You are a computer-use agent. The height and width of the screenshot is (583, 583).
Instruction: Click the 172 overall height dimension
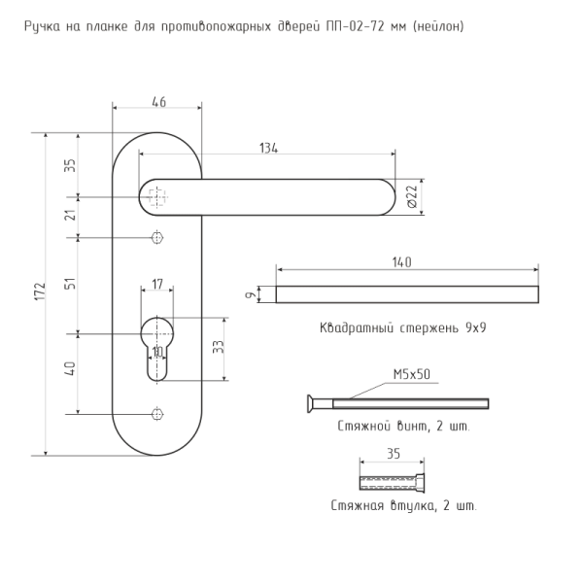coord(41,291)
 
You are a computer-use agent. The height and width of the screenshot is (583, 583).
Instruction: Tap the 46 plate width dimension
coord(158,102)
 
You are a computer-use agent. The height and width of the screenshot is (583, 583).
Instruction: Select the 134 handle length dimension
coord(268,148)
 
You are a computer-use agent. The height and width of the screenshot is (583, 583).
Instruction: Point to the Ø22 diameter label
coord(413,196)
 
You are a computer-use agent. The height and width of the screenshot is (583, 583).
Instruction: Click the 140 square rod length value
coord(402,262)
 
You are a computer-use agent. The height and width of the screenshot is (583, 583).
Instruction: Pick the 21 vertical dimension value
coord(70,215)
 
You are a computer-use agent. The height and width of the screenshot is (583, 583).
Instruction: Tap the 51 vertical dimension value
coord(70,284)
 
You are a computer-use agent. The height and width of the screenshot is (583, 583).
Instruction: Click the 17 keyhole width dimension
coord(157,284)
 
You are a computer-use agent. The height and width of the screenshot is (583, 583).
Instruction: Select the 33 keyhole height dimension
coord(219,347)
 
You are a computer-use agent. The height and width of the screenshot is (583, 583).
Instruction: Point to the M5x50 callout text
coord(412,374)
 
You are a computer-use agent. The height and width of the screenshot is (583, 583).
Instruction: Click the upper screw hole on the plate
coord(157,237)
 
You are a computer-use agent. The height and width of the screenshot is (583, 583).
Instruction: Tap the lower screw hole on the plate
coord(157,414)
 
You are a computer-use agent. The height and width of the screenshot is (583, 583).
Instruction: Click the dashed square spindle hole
coord(157,197)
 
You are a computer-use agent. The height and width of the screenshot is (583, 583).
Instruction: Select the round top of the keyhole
coord(157,332)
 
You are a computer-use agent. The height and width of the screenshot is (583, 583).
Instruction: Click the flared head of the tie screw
coord(311,403)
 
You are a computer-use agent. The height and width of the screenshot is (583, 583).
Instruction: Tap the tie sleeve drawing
coord(392,483)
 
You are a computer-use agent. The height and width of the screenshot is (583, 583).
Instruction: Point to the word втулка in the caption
coord(412,506)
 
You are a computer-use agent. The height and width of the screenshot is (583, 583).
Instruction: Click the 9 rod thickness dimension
coord(252,294)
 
